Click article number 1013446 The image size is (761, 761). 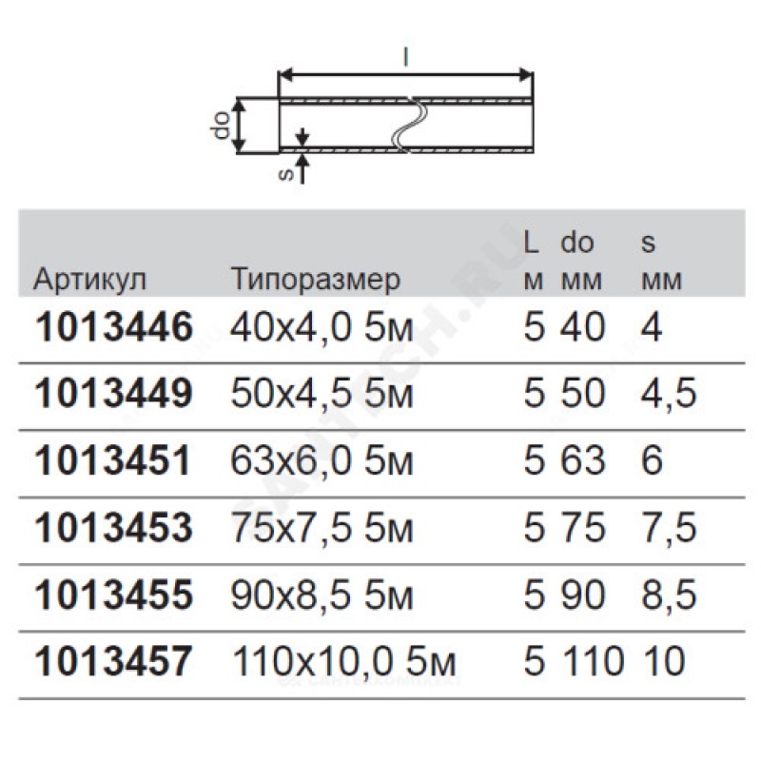tap(114, 327)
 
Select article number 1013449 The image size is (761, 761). tap(114, 393)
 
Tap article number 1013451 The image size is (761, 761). tap(113, 460)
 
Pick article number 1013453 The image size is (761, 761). tap(114, 528)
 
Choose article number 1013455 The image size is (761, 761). tap(114, 595)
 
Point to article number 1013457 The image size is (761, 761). tap(114, 661)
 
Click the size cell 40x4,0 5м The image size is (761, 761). tap(322, 327)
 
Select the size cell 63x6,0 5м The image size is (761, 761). tap(322, 460)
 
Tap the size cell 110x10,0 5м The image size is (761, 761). tap(343, 661)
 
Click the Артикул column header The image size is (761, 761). tap(89, 280)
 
